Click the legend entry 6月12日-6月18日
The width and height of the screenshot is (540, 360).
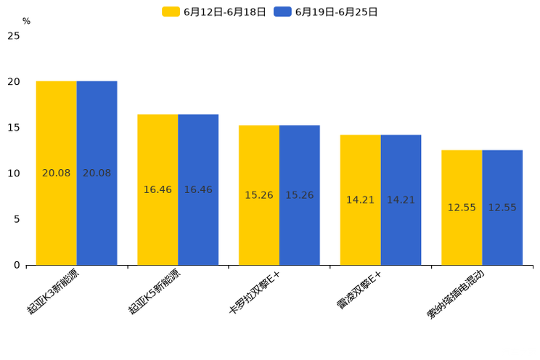point(215,12)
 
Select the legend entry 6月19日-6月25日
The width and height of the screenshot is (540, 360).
point(326,12)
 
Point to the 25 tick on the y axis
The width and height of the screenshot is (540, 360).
point(13,36)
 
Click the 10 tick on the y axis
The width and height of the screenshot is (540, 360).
point(13,173)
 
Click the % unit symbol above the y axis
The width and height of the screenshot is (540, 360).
point(26,22)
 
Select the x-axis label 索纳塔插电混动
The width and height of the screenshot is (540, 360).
point(456,293)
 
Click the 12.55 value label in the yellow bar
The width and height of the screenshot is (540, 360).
point(462,208)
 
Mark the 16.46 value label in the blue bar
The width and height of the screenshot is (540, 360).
point(198,189)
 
